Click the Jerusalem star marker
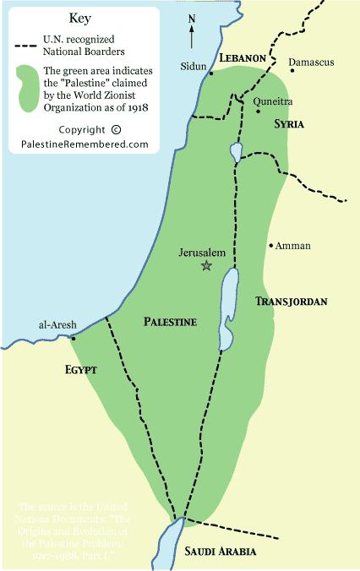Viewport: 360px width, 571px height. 205,265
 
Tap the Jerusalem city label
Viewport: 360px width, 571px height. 205,251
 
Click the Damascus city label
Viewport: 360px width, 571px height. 312,63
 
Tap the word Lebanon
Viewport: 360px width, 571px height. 243,58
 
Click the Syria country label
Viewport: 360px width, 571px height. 288,123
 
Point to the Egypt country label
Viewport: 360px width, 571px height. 81,370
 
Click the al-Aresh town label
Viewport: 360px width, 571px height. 57,325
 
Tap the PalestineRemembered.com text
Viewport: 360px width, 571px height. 85,144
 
